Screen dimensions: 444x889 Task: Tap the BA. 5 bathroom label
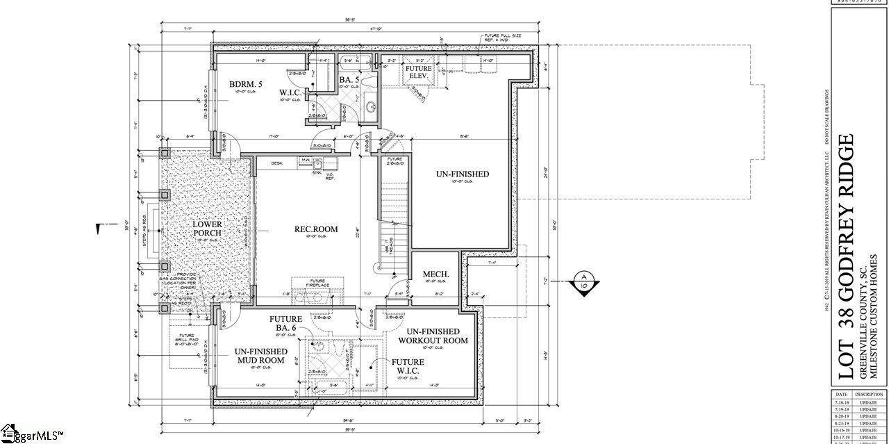[x=349, y=81]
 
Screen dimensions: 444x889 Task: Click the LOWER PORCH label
[x=207, y=229]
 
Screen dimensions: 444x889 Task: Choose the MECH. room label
[x=435, y=274]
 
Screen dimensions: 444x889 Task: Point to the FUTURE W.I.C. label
[x=408, y=367]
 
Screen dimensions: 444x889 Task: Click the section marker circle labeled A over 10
[x=583, y=283]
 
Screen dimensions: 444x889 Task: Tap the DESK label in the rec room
[x=276, y=163]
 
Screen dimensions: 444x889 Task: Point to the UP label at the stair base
[x=394, y=277]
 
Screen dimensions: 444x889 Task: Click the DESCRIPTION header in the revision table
[x=868, y=394]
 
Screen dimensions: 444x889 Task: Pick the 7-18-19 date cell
[x=841, y=402]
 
